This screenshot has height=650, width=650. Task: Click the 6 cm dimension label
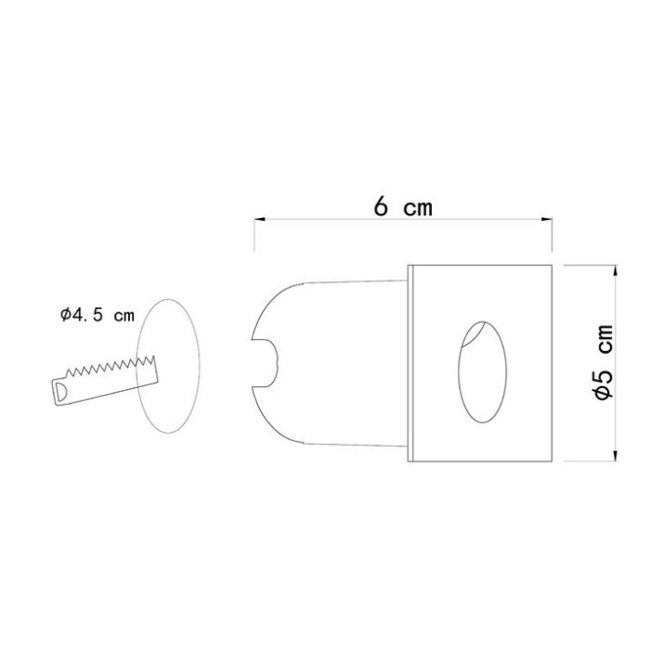pos(403,206)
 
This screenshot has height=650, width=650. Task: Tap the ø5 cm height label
pos(604,362)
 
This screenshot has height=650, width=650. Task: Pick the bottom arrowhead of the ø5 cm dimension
pos(616,454)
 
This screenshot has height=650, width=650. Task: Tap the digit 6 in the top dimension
pos(381,206)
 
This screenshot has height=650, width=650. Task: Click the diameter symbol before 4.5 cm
pos(67,315)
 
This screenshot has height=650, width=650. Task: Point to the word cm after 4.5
pos(123,315)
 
